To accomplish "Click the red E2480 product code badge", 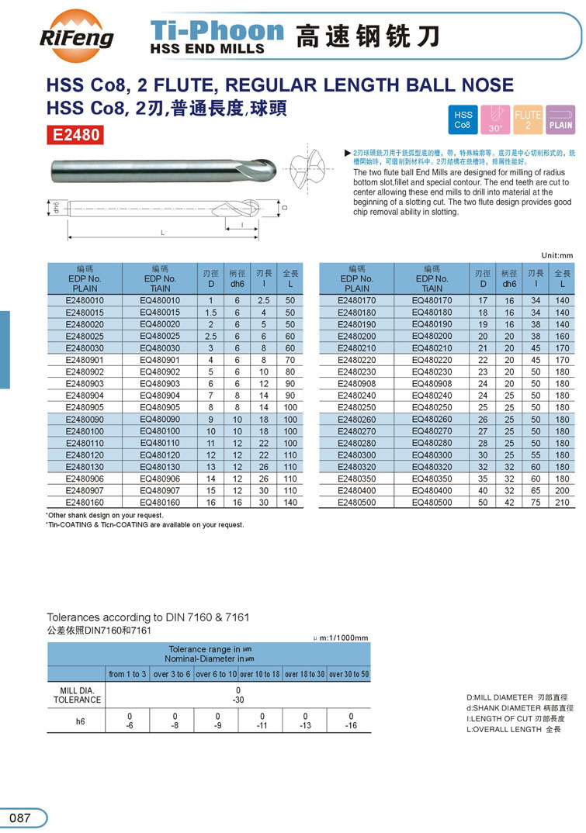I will pyautogui.click(x=76, y=135).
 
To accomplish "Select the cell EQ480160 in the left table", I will pyautogui.click(x=160, y=503).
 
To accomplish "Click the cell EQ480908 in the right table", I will pyautogui.click(x=432, y=383).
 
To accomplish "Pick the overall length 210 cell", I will pyautogui.click(x=563, y=503).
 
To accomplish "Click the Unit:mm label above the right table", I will pyautogui.click(x=556, y=255).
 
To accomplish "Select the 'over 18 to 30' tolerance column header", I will pyautogui.click(x=304, y=674).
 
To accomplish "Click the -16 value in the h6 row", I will pyautogui.click(x=351, y=726).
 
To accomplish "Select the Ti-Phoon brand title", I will pyautogui.click(x=217, y=31).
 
